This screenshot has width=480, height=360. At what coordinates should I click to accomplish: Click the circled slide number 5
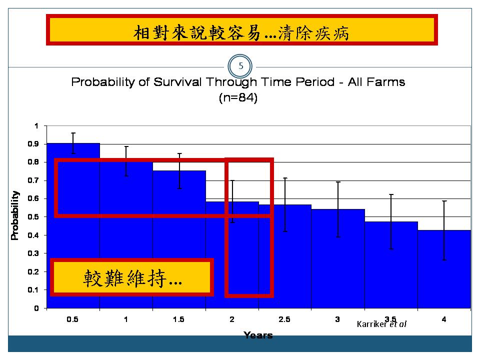tap(240, 66)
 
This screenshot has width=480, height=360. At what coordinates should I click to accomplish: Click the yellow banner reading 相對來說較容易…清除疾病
tap(242, 29)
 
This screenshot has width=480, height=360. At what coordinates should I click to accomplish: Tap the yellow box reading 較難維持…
tap(132, 277)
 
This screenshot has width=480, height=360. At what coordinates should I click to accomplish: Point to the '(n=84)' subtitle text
tap(238, 97)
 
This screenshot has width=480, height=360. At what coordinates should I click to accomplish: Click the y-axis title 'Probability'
tap(14, 215)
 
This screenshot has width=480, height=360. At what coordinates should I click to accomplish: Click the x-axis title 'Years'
tap(258, 335)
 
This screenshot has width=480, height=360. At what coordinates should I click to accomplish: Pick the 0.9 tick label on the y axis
tap(33, 144)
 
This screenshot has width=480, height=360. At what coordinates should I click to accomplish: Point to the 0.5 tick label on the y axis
tap(33, 217)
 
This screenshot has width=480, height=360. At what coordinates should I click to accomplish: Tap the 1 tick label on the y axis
tap(36, 126)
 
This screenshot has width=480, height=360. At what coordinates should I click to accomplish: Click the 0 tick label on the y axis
tap(36, 308)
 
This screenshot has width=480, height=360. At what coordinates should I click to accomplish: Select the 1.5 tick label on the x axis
tap(178, 319)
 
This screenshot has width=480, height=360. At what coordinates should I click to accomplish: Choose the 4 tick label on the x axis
tap(444, 319)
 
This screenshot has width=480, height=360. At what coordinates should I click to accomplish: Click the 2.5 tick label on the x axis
tap(284, 319)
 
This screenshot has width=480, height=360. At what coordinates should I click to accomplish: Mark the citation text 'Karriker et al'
tap(381, 324)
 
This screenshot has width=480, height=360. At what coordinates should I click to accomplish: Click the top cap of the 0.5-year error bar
tap(73, 133)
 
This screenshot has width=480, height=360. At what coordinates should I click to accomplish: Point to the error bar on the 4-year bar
tap(444, 230)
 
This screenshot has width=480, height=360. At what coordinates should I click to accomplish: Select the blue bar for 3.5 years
tap(391, 265)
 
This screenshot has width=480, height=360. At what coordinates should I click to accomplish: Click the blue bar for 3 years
tap(338, 258)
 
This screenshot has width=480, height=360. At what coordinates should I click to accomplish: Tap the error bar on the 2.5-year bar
tap(285, 204)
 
